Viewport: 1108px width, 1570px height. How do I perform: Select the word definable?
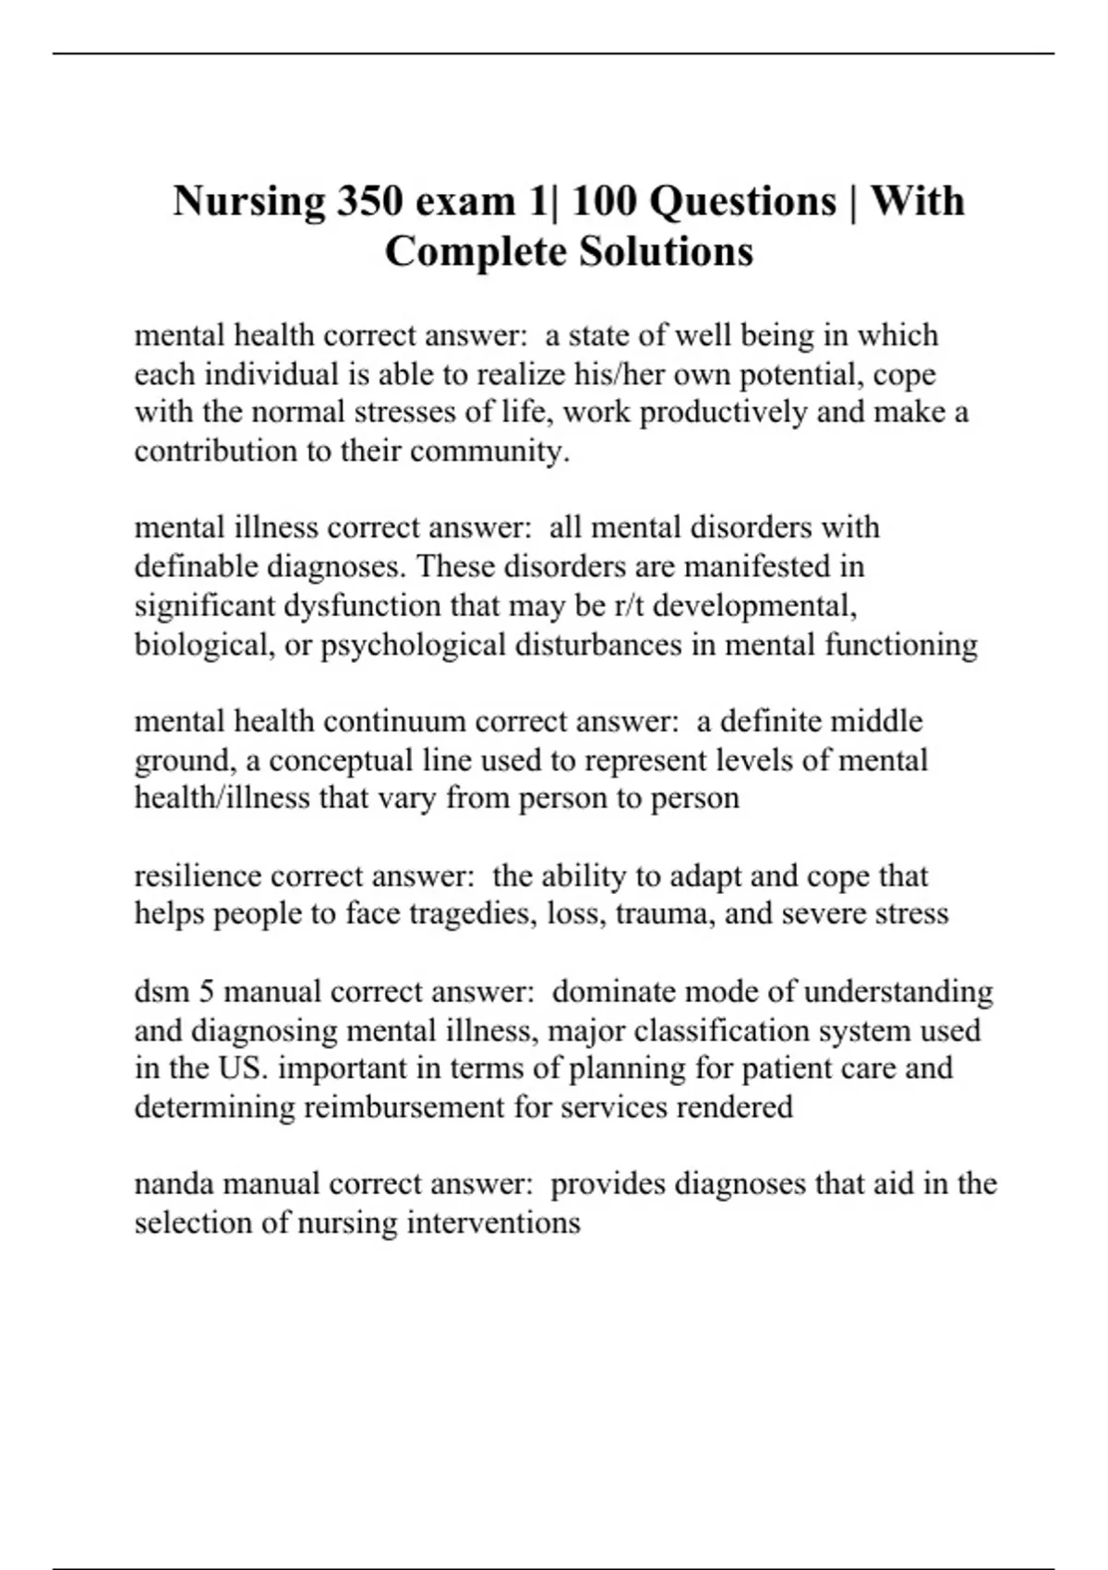[196, 566]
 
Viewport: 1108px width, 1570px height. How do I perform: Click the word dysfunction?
[362, 605]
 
